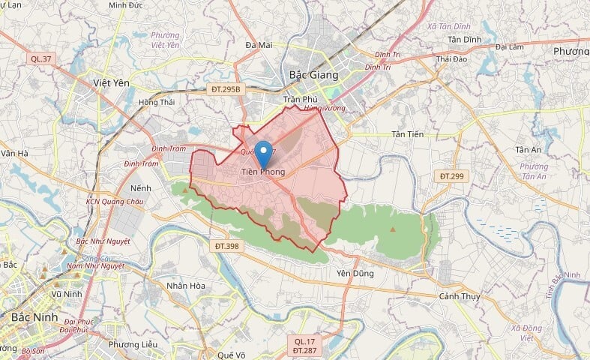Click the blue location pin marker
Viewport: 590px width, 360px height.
pos(263,153)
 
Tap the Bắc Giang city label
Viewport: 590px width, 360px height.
pos(313,75)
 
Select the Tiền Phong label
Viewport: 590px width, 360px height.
pos(263,173)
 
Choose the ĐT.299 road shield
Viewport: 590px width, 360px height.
pos(452,175)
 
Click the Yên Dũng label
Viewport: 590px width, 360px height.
pos(355,274)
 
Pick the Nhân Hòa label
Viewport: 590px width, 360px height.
pos(186,286)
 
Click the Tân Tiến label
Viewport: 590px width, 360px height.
pos(408,134)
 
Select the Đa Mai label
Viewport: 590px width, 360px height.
pos(259,46)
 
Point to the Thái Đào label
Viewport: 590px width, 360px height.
pos(451,58)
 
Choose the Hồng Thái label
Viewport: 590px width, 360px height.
pos(156,102)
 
